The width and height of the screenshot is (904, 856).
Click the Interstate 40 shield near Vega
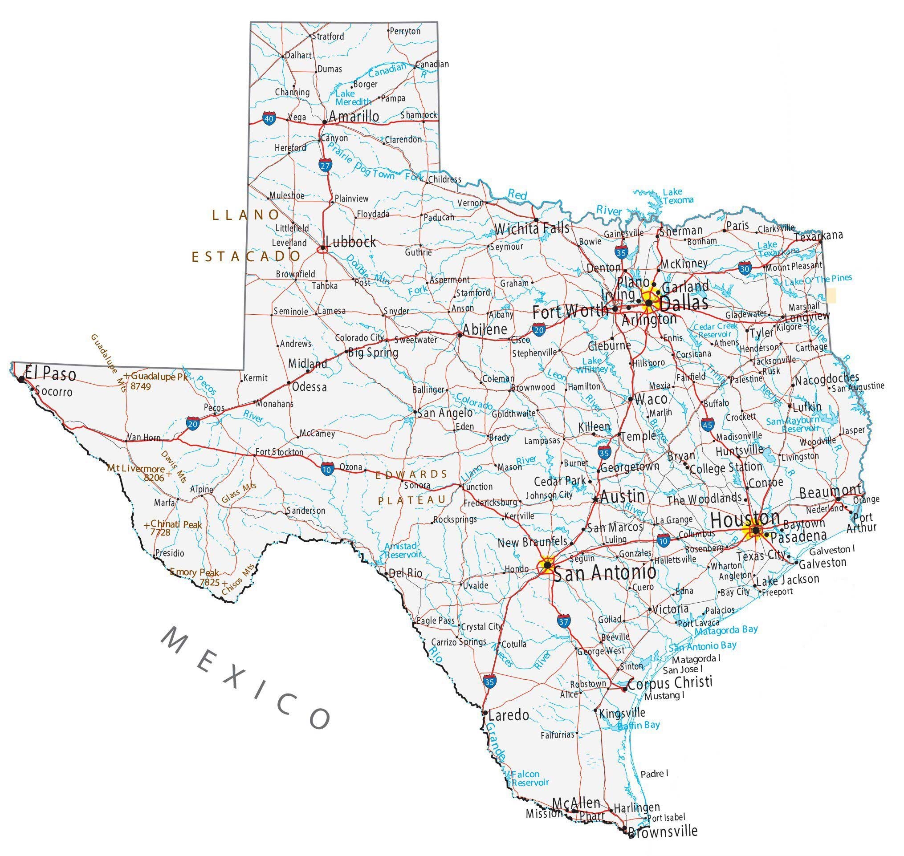(x=269, y=119)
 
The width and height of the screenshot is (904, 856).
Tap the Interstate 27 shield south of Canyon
(x=325, y=166)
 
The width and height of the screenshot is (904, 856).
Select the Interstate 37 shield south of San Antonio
(x=563, y=621)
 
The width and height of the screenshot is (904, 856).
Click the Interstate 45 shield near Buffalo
(x=708, y=424)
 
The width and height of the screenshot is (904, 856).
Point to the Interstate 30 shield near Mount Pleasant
(x=745, y=268)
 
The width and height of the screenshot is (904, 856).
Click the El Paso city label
(x=50, y=374)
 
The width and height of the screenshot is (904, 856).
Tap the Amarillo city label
(x=354, y=116)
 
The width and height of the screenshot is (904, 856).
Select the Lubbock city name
(x=350, y=242)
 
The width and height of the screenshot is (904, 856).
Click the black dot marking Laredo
(x=485, y=712)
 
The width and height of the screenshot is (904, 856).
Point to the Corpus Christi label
(x=670, y=683)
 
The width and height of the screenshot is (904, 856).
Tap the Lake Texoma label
(x=678, y=196)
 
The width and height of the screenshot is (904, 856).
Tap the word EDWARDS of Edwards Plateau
(x=411, y=475)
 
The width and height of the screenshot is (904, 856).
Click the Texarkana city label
(x=818, y=236)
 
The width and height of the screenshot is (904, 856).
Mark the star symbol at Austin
(x=595, y=499)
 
